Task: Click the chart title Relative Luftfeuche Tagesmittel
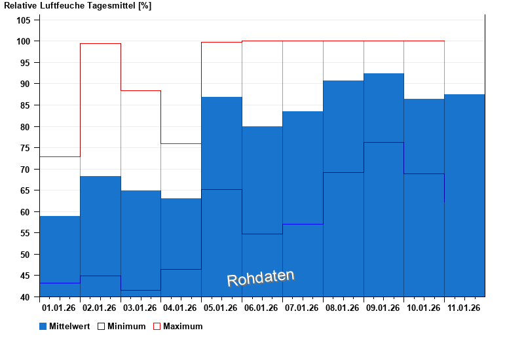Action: (x=77, y=6)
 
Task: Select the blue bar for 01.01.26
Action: (x=60, y=255)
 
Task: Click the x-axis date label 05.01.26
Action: (x=221, y=308)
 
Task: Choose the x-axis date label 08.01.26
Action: (x=343, y=308)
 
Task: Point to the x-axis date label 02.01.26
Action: (x=100, y=308)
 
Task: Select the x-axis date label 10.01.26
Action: (x=424, y=308)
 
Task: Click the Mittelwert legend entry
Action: (x=64, y=326)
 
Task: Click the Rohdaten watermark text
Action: (x=261, y=278)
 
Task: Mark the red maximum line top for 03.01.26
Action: (x=141, y=91)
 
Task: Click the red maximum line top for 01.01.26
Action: (x=60, y=157)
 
